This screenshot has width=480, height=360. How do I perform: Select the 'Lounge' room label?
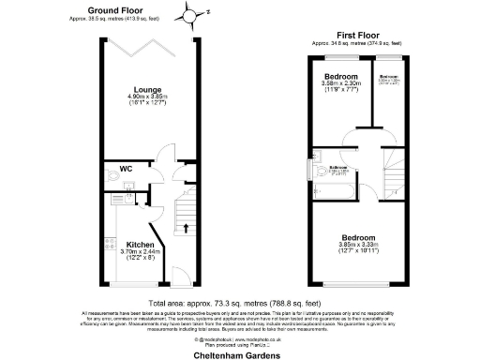pyautogui.click(x=152, y=88)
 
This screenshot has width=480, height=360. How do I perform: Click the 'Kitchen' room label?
pyautogui.click(x=140, y=246)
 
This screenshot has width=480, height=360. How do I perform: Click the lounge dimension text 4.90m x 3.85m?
pyautogui.click(x=152, y=97)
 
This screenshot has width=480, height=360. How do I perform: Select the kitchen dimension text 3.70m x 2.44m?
pyautogui.click(x=140, y=254)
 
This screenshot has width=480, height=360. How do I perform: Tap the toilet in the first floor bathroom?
pyautogui.click(x=321, y=155)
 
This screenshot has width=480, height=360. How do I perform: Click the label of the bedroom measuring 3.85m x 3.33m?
pyautogui.click(x=357, y=237)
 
